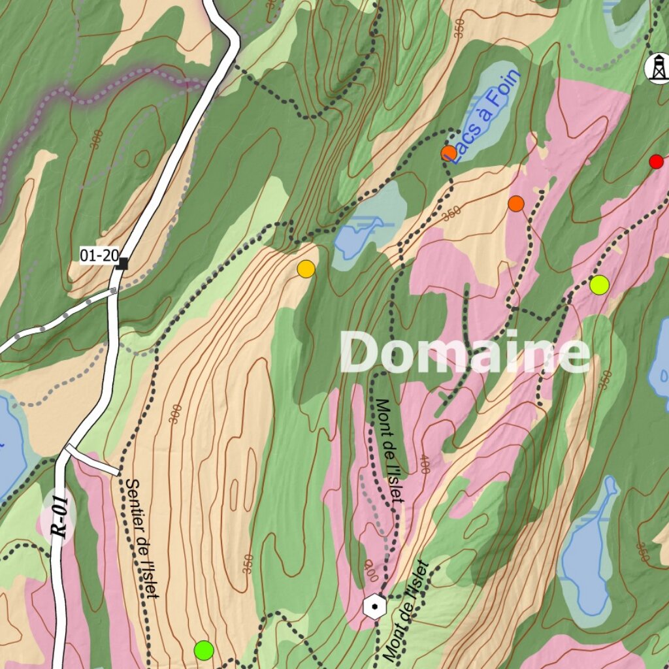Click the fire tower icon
click(x=656, y=68)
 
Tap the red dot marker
click(x=656, y=161)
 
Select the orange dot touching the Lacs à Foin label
click(x=448, y=154)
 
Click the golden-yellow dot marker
click(x=306, y=269)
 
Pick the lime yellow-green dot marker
click(x=599, y=285)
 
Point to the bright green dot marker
click(x=204, y=650)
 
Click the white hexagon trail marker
click(x=374, y=606)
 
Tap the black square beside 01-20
click(x=123, y=263)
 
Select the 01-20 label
click(x=99, y=255)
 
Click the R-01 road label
click(x=59, y=517)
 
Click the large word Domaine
click(x=465, y=353)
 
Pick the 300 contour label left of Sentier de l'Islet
click(x=174, y=413)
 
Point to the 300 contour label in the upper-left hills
click(x=97, y=139)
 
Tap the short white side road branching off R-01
click(x=91, y=460)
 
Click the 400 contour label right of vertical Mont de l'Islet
click(x=424, y=465)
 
